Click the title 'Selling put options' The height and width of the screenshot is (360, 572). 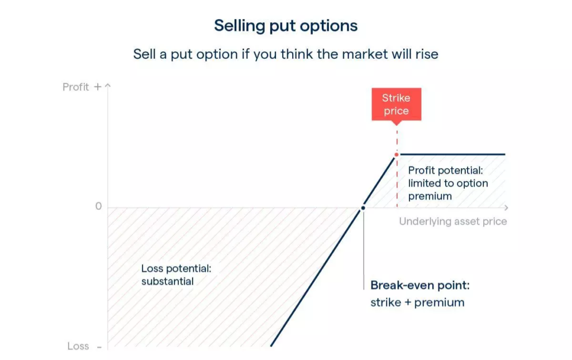click(285, 26)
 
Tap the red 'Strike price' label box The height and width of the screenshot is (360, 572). click(397, 104)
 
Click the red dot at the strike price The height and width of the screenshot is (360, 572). click(397, 154)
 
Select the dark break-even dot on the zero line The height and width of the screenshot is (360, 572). click(363, 208)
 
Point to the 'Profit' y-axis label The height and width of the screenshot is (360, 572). click(75, 87)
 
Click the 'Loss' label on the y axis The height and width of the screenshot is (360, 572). click(78, 346)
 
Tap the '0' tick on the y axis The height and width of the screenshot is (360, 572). click(98, 206)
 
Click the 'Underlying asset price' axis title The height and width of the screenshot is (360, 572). click(452, 221)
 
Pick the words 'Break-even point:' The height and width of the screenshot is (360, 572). click(420, 285)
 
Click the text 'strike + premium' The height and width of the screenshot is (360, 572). click(417, 302)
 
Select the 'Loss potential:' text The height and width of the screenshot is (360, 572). click(176, 269)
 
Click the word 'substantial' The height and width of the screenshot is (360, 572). click(168, 282)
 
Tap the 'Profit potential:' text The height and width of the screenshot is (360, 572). click(445, 170)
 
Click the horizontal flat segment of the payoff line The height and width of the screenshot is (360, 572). click(452, 154)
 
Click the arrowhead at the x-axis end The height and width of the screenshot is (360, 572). click(506, 208)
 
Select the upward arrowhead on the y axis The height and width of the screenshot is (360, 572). click(108, 86)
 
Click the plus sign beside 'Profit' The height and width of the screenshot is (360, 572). click(97, 87)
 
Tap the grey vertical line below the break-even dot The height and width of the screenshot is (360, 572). click(363, 250)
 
